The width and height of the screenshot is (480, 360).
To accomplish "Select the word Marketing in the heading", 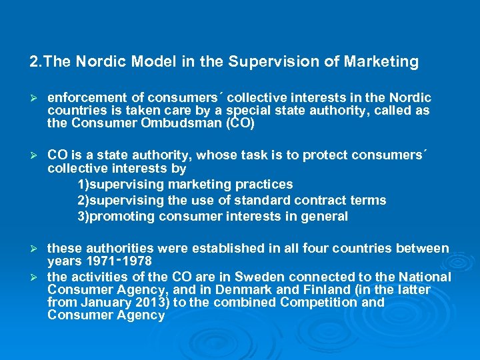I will point(381,63).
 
